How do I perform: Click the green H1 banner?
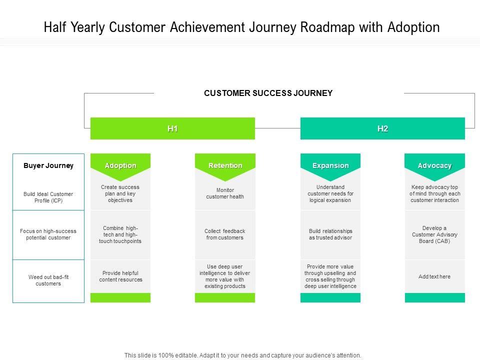172,128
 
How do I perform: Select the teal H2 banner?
382,128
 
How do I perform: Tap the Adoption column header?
120,165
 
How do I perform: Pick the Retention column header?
225,165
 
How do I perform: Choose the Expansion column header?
330,165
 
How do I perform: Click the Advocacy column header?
434,165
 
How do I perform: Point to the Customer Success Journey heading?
268,93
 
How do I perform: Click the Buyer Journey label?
48,165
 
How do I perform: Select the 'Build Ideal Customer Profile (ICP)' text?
48,197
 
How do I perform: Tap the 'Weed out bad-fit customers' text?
48,280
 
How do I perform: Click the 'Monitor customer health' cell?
225,193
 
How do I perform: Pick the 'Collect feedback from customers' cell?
225,234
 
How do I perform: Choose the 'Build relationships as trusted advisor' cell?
330,234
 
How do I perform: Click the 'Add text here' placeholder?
434,276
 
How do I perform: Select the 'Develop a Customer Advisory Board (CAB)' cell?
434,234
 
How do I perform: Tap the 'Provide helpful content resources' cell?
120,276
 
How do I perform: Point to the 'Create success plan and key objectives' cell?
120,193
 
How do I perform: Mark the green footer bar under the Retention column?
225,298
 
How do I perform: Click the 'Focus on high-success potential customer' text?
48,234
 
